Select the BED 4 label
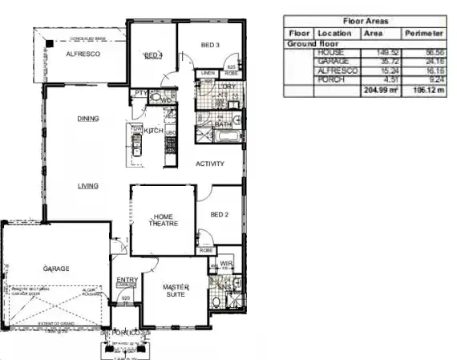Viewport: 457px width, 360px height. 152,55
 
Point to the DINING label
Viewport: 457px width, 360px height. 88,119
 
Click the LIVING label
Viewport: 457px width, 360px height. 87,186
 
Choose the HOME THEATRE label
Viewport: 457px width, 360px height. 164,220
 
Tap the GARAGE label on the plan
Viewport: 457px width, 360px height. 56,269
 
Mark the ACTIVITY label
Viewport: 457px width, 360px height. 210,164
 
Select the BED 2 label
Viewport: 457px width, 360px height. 220,215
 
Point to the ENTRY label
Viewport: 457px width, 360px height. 127,279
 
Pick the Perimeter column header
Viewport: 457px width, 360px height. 424,34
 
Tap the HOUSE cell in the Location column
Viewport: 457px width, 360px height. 330,52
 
